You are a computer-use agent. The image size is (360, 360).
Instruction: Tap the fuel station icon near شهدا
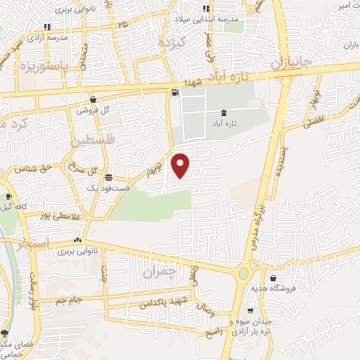[174, 92]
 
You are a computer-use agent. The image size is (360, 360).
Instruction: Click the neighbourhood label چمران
[157, 270]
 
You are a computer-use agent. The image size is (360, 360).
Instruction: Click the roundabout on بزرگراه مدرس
[243, 273]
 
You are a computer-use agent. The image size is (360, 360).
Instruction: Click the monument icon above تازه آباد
[224, 112]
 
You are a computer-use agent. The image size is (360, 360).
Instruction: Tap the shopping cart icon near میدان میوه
[250, 310]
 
